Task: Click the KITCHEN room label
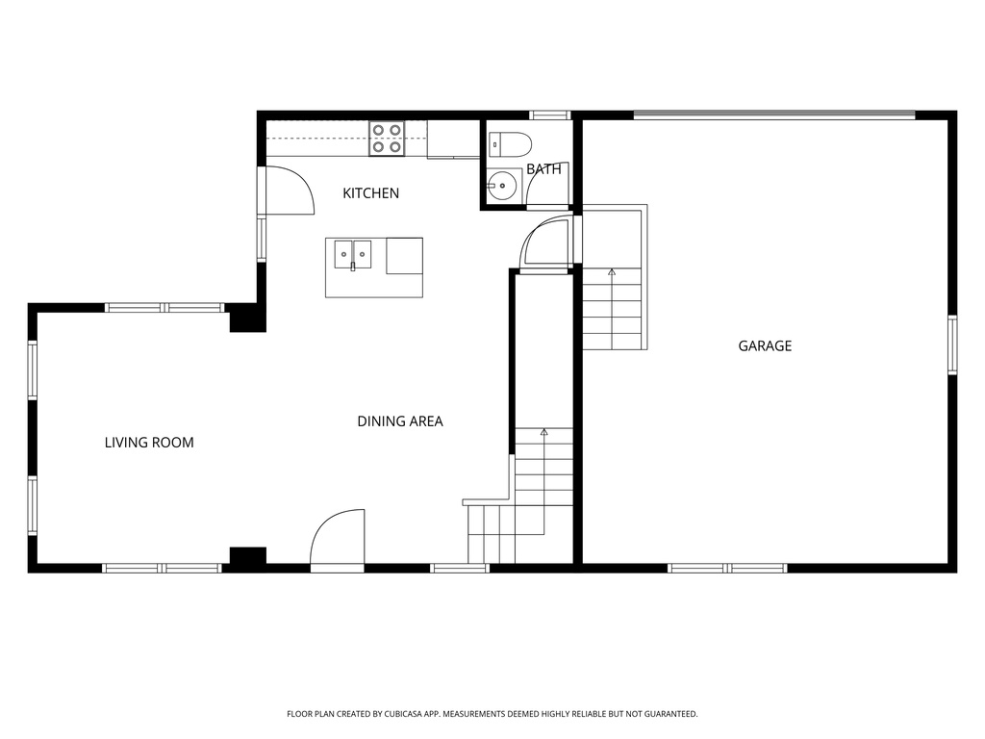[x=370, y=193]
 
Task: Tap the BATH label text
[x=543, y=169]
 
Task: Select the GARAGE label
[x=765, y=345]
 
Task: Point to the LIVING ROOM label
[x=149, y=443]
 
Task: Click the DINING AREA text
[x=400, y=421]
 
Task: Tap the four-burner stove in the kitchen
[x=387, y=139]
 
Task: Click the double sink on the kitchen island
[x=353, y=255]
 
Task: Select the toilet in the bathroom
[x=510, y=144]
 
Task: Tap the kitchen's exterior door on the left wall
[x=288, y=191]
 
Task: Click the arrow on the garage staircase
[x=612, y=272]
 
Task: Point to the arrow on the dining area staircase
[x=543, y=433]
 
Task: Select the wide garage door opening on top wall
[x=774, y=115]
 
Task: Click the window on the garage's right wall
[x=952, y=344]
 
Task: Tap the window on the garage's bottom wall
[x=728, y=568]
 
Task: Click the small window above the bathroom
[x=550, y=115]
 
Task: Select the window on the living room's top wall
[x=164, y=308]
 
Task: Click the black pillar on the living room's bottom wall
[x=247, y=556]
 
